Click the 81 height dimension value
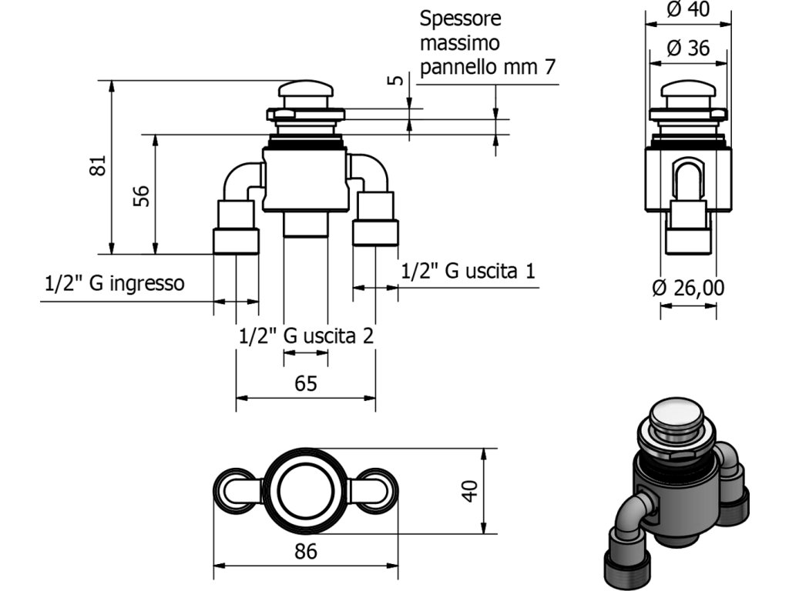pos(99,165)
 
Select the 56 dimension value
pos(142,196)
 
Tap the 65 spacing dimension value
pos(306,384)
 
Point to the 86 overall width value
pos(306,552)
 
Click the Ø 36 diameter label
pos(688,48)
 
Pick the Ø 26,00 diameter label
pos(688,288)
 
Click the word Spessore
pos(461,19)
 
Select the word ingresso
pos(147,284)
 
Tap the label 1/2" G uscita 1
pos(468,271)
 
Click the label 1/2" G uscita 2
pos(307,336)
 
